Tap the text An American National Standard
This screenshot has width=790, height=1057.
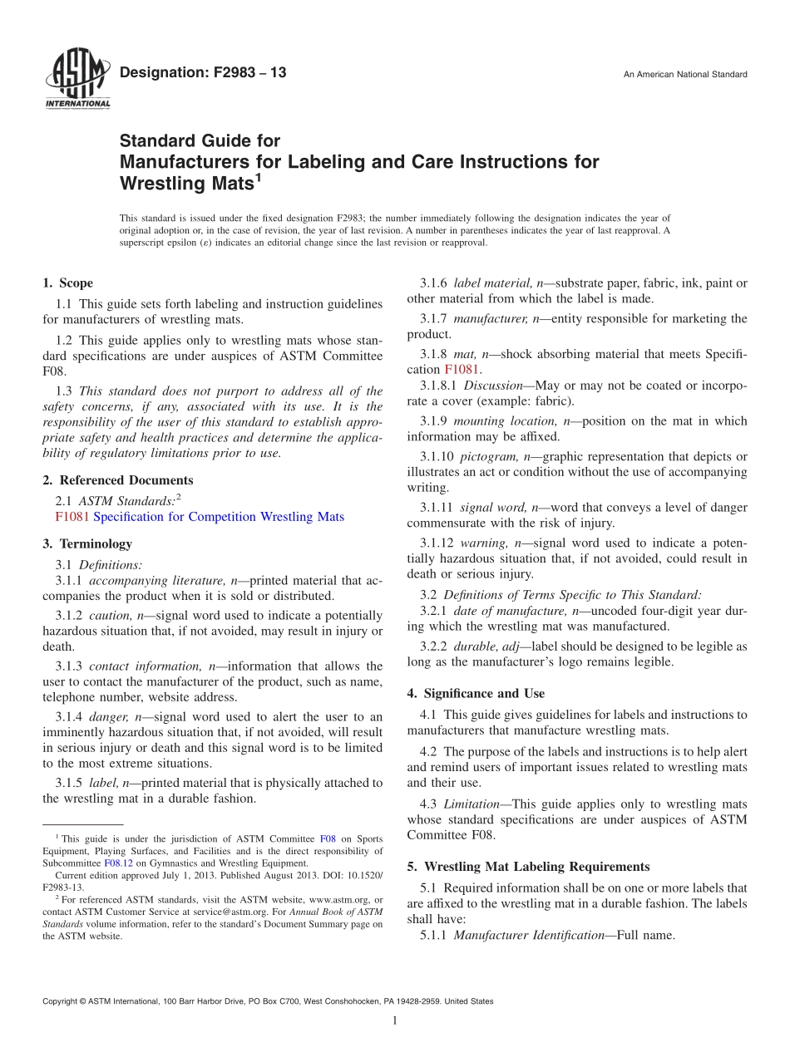click(x=684, y=75)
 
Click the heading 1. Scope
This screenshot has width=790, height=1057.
click(x=67, y=283)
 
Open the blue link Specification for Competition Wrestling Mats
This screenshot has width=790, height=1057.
click(x=219, y=517)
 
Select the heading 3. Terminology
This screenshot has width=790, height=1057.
click(x=87, y=544)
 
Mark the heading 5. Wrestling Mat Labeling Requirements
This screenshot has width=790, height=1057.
click(x=528, y=867)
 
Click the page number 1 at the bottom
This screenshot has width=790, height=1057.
click(x=395, y=1021)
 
